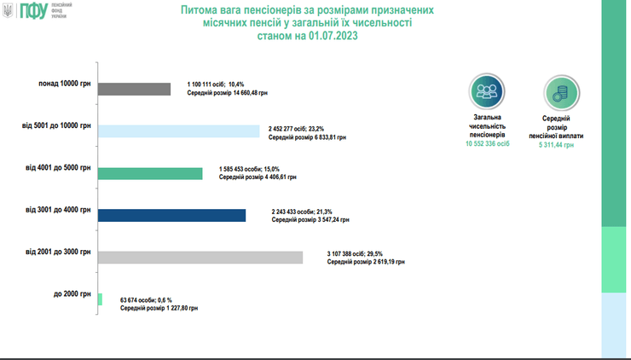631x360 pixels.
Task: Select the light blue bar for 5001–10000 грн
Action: point(179,131)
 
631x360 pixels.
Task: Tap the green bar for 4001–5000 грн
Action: point(150,173)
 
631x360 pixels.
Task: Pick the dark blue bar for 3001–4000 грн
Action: point(171,215)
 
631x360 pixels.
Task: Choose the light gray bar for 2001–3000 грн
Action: point(200,258)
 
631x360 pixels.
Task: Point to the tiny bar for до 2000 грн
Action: point(101,299)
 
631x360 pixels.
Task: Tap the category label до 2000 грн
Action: point(72,293)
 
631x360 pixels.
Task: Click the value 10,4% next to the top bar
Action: point(233,84)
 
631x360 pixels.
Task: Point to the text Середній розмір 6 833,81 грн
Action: point(308,136)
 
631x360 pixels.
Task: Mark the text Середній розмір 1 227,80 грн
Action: point(159,308)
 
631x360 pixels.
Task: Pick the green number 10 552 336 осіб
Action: point(487,145)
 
